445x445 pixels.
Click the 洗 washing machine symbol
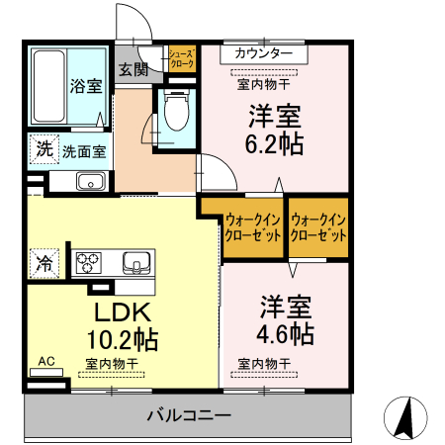(x=44, y=150)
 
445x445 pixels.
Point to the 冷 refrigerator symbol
(x=44, y=263)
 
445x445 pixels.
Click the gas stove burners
(x=90, y=263)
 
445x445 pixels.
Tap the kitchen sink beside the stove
(x=136, y=263)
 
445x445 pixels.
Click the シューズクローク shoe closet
(x=182, y=59)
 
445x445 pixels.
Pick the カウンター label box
(x=263, y=53)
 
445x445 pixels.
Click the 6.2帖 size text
(x=274, y=143)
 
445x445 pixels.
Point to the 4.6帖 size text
(x=287, y=331)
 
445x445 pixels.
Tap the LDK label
(x=122, y=312)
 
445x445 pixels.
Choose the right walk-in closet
(x=318, y=228)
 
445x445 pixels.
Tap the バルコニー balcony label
(x=190, y=414)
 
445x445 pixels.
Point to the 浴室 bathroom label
(x=85, y=86)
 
